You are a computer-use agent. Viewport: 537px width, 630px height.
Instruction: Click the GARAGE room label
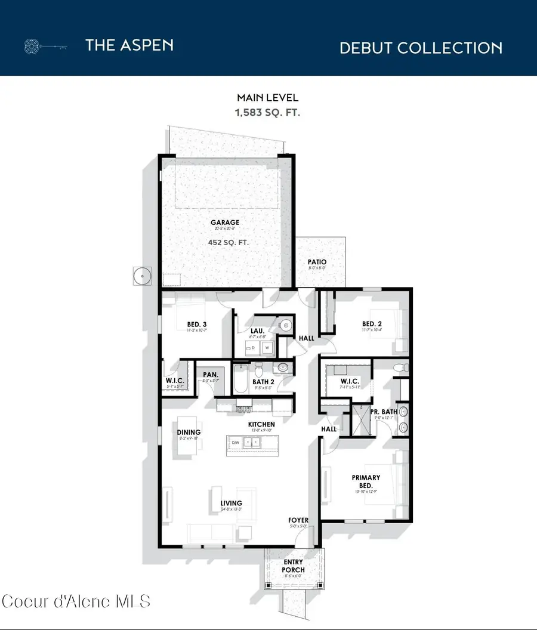tap(224, 223)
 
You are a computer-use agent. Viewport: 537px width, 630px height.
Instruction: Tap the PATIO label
tap(317, 262)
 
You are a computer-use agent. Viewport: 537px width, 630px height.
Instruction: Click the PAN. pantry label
tap(209, 375)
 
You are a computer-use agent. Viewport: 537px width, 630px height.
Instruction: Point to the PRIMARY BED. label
tap(366, 481)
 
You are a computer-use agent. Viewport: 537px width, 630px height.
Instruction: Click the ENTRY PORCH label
tap(293, 566)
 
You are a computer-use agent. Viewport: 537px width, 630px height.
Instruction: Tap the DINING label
tap(189, 433)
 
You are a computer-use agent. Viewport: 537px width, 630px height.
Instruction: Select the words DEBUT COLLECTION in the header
tap(421, 48)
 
